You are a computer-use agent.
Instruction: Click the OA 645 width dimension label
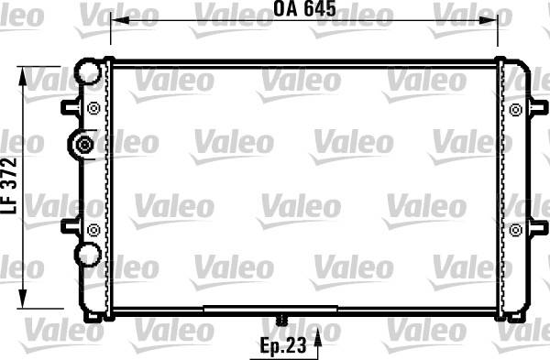tap(304, 8)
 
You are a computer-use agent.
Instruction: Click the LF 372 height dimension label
tap(9, 185)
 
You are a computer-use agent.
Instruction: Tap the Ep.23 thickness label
tap(283, 345)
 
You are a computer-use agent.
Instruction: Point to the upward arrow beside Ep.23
tap(317, 343)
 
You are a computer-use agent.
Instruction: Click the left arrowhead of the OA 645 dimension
tap(119, 20)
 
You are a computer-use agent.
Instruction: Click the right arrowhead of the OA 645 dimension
tap(489, 20)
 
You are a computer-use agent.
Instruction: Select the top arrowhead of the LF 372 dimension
tap(23, 75)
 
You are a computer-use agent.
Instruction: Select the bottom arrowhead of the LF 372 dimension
tap(23, 300)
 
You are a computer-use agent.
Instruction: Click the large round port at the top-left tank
tap(88, 71)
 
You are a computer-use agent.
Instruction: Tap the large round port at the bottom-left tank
tap(88, 254)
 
